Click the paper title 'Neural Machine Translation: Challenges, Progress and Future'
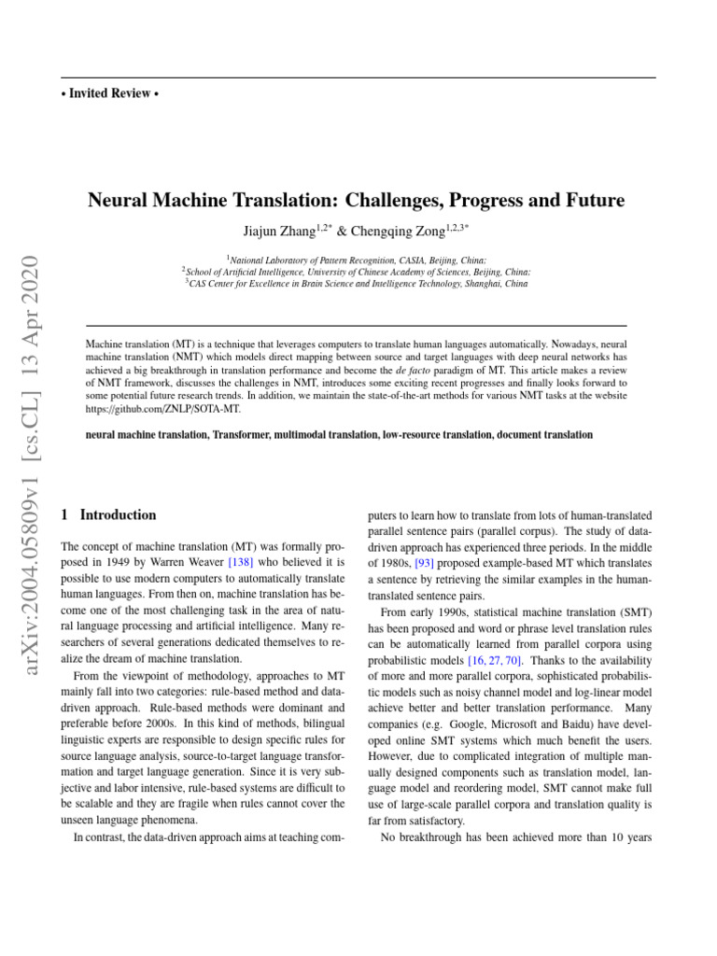(x=356, y=201)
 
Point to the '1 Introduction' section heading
(x=108, y=514)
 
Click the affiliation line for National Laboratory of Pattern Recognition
(x=356, y=260)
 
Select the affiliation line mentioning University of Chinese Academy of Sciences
(x=356, y=272)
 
